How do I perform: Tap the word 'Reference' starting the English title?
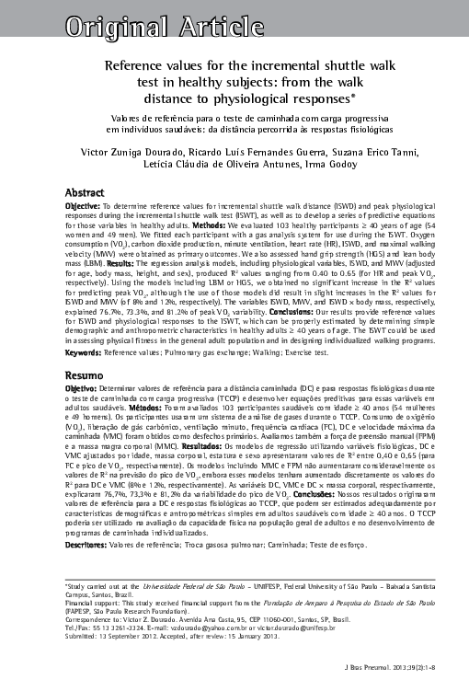137,67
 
